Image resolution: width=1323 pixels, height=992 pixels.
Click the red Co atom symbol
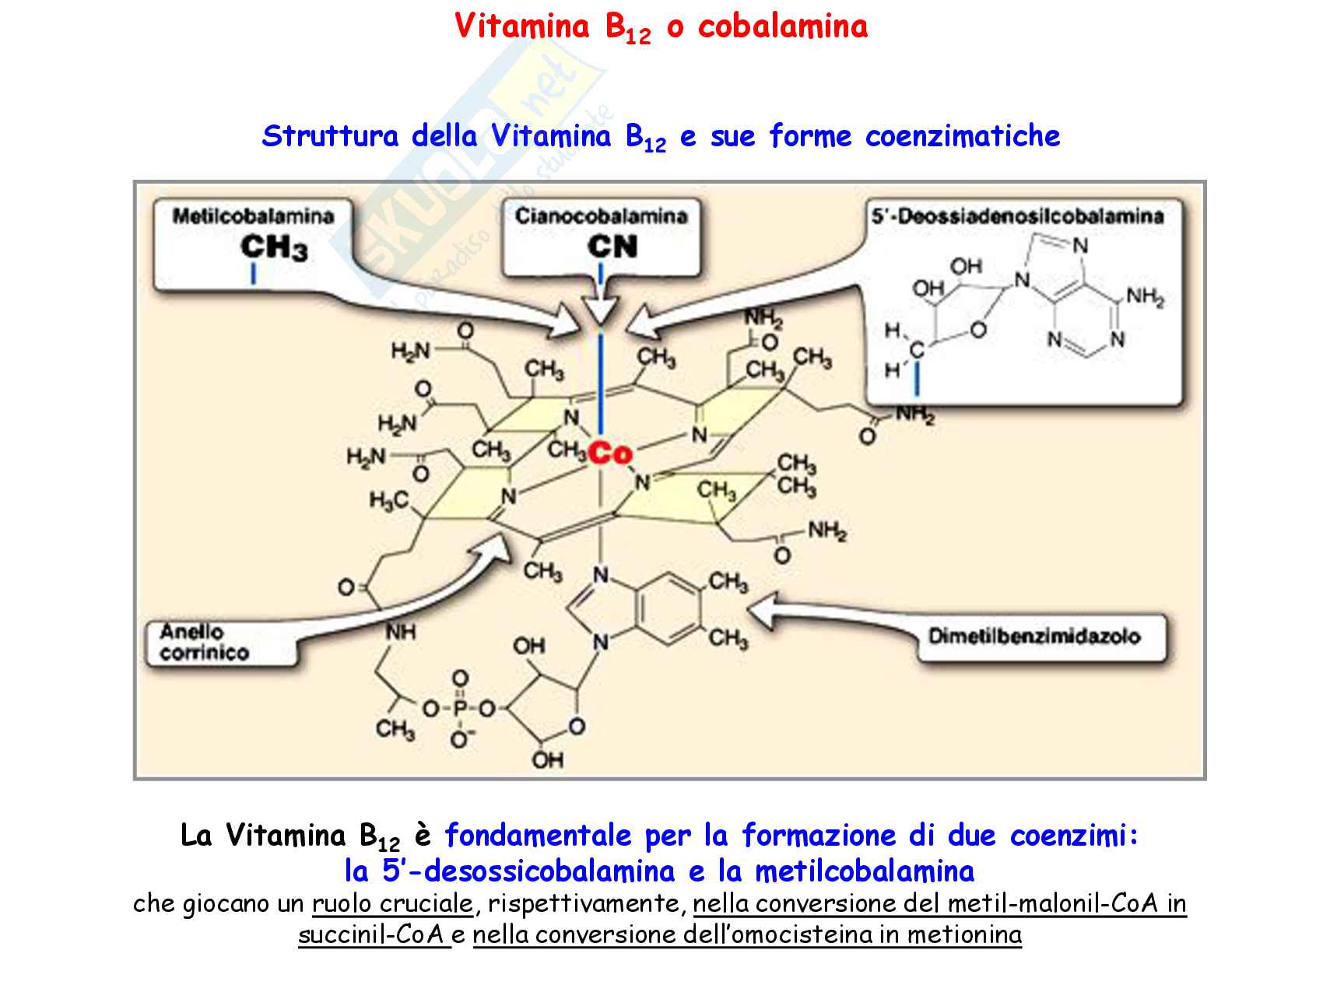coord(610,452)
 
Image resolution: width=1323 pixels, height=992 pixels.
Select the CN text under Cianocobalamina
coord(612,247)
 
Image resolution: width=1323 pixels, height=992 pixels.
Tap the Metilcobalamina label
coord(253,216)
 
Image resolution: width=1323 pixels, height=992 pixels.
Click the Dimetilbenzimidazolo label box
coord(1034,637)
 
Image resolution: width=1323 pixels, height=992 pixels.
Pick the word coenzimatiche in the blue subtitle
coord(963,137)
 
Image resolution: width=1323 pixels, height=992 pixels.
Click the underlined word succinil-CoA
coord(372,934)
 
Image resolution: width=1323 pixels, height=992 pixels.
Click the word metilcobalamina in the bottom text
coord(864,871)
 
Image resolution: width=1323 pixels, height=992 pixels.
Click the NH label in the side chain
coord(401,633)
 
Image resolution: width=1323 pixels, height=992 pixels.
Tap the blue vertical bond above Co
coord(602,381)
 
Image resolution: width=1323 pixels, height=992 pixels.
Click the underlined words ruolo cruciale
coord(393,904)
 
